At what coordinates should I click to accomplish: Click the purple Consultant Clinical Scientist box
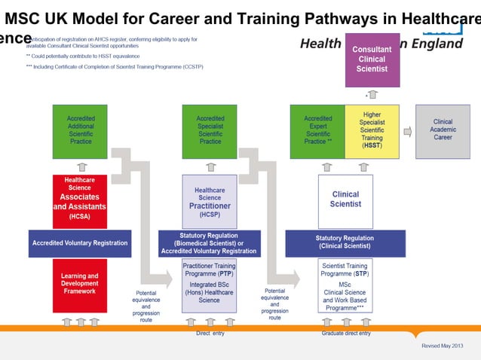[x=372, y=59]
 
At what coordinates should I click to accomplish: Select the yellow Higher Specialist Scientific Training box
[x=372, y=131]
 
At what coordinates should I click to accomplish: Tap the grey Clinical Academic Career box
[x=443, y=131]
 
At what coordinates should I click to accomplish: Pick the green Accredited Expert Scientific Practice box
[x=317, y=131]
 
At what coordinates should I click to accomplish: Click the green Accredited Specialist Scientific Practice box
[x=210, y=131]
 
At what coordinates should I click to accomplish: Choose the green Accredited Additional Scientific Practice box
[x=81, y=131]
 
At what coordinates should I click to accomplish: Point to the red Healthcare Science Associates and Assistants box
[x=80, y=201]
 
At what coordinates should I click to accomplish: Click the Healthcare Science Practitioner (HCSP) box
[x=210, y=201]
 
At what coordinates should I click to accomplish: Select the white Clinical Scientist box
[x=345, y=200]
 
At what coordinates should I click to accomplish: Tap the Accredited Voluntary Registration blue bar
[x=80, y=243]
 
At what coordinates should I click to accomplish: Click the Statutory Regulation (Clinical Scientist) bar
[x=345, y=243]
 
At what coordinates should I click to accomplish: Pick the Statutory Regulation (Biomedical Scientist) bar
[x=209, y=243]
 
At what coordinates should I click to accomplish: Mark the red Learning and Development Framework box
[x=80, y=285]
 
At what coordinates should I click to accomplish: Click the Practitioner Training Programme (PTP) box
[x=210, y=285]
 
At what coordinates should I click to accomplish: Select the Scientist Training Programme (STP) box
[x=345, y=285]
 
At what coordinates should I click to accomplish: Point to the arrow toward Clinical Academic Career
[x=408, y=131]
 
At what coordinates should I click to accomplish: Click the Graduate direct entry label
[x=346, y=333]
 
